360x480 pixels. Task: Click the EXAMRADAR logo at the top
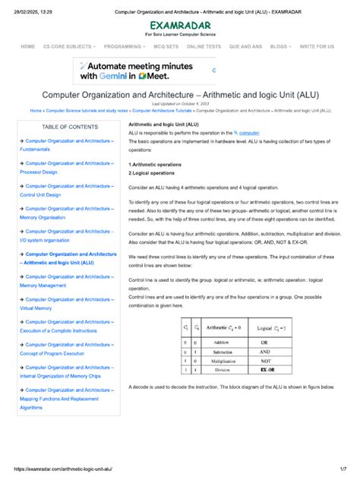coord(180,24)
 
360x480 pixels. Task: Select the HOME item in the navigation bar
coord(28,46)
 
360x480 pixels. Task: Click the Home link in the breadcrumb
coord(36,110)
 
